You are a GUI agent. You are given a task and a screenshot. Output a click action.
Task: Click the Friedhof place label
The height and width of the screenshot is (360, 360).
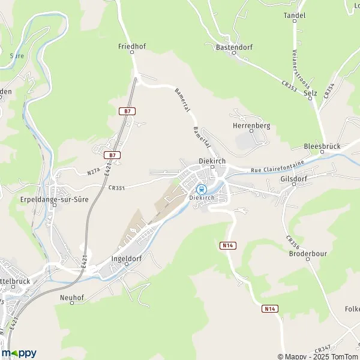pyautogui.click(x=133, y=46)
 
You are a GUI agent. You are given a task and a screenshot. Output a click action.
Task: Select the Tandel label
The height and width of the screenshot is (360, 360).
pyautogui.click(x=295, y=15)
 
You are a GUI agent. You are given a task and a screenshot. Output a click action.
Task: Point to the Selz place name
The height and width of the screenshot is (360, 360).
pyautogui.click(x=310, y=93)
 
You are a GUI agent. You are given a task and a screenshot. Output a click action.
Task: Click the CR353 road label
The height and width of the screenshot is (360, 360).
pyautogui.click(x=288, y=88)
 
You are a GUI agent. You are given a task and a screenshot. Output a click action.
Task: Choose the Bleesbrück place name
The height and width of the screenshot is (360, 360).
pyautogui.click(x=322, y=147)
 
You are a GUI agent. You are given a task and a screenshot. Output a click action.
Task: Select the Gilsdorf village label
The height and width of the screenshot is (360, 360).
pyautogui.click(x=293, y=179)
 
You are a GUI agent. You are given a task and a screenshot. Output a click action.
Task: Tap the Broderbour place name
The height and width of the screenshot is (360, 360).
pyautogui.click(x=307, y=253)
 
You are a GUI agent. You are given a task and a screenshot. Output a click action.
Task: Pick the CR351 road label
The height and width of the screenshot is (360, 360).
pyautogui.click(x=116, y=187)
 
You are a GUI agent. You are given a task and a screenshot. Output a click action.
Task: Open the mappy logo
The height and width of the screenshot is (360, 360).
pyautogui.click(x=19, y=353)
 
